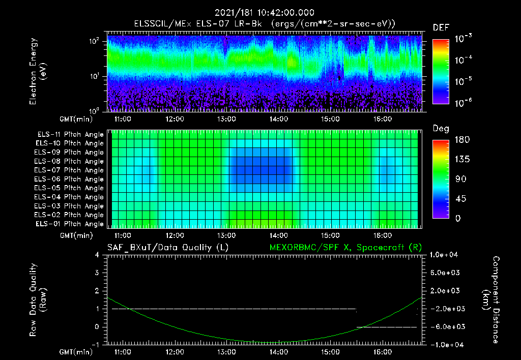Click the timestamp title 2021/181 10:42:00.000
point(264,13)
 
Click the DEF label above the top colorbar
point(441,27)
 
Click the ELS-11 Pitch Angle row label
point(69,134)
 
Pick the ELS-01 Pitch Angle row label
point(69,224)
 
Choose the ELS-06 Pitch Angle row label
point(69,179)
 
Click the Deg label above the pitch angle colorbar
point(441,129)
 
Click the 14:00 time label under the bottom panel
point(278,351)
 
